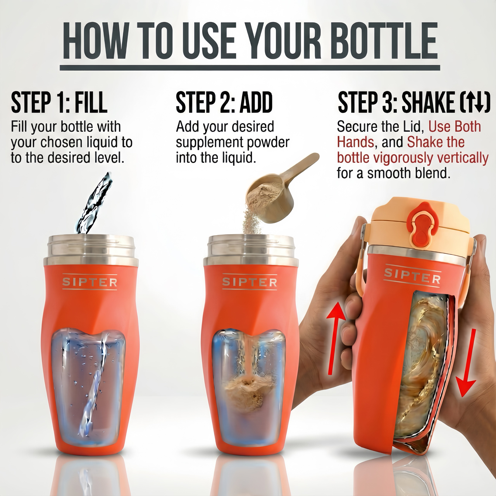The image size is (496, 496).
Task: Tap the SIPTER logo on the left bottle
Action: pos(90,282)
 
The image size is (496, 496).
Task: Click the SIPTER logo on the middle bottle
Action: pos(250,282)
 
